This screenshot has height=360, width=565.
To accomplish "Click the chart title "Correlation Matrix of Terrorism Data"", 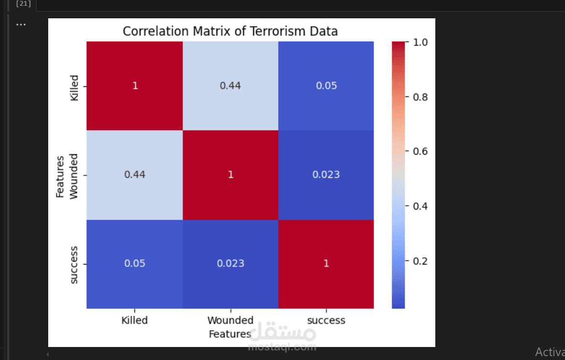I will (230, 31).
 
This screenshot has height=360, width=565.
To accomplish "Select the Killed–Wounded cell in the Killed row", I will (230, 86).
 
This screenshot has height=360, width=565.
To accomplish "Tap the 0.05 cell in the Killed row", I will (326, 86).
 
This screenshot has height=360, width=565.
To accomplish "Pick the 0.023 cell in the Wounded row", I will (326, 174).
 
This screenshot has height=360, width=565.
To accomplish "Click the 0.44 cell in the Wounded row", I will (135, 174).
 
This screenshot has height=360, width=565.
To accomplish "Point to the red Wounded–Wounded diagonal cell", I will (230, 174).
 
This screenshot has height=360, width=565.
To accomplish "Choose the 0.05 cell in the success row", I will (135, 264).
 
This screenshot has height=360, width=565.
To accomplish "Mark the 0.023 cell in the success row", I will (230, 264).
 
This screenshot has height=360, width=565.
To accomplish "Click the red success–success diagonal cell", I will (326, 264).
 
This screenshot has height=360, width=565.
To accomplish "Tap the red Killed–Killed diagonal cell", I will (135, 86).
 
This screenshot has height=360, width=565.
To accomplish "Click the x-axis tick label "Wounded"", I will (230, 320).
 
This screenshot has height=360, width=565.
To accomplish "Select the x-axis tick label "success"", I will (326, 320).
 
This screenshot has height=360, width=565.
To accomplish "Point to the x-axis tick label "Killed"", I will (135, 320).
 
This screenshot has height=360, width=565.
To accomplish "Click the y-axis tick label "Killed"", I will (74, 87).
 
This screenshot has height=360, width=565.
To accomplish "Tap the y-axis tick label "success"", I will (74, 265).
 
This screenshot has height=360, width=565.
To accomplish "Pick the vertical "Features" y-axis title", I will (60, 176).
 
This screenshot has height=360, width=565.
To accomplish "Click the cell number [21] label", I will (23, 4).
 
